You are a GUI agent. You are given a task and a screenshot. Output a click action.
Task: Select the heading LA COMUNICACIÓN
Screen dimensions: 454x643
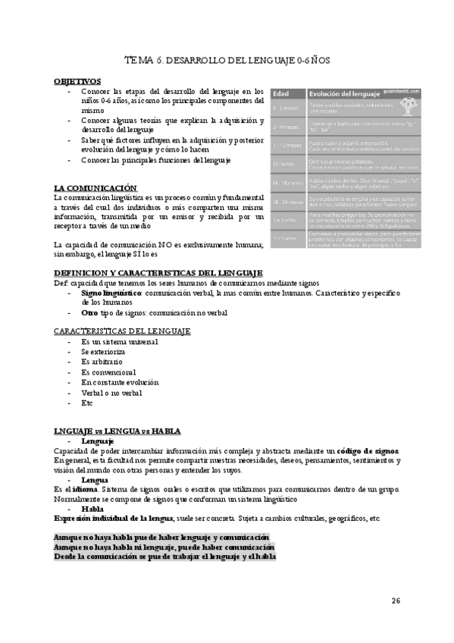point(95,187)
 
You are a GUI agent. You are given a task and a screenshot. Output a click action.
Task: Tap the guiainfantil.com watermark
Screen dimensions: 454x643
point(390,89)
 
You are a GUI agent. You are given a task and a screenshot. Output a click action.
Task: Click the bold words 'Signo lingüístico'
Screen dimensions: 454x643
point(111,291)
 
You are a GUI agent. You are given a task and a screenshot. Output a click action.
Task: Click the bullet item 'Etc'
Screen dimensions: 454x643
point(87,403)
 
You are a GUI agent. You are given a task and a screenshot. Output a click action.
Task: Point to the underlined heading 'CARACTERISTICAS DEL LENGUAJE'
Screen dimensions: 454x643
point(122,331)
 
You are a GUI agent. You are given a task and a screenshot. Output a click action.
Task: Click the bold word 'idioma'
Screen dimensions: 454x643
point(78,479)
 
